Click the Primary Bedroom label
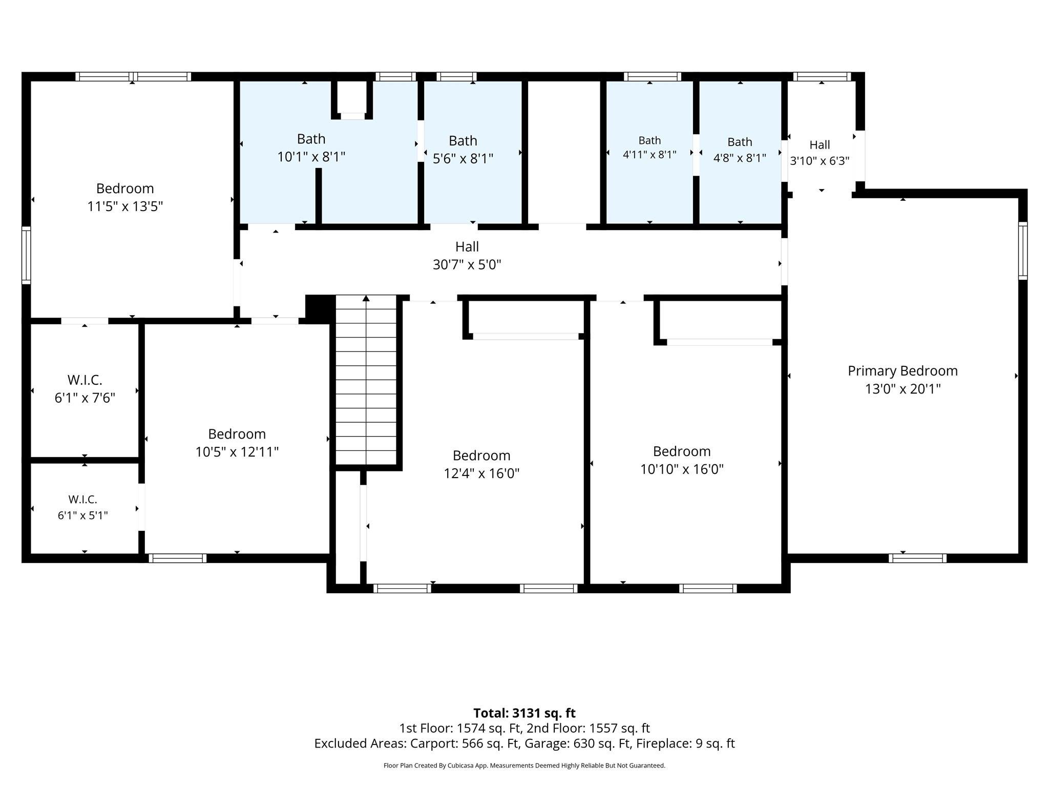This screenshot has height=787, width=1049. click(x=903, y=371)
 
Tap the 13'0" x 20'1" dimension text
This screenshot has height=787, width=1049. click(x=903, y=389)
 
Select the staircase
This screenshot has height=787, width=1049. click(x=366, y=380)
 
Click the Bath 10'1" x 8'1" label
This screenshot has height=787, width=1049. click(x=311, y=148)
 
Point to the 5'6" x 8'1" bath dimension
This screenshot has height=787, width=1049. click(x=463, y=158)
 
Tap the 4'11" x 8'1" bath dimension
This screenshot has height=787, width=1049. click(x=649, y=154)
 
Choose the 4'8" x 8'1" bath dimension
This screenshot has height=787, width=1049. click(x=740, y=157)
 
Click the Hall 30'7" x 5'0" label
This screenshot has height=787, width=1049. click(x=467, y=256)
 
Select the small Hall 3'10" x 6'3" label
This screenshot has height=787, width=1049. click(x=820, y=153)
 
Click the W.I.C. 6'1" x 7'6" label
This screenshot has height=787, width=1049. click(x=85, y=389)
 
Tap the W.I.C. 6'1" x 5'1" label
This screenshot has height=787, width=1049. click(x=83, y=507)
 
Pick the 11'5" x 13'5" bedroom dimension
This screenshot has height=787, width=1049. click(x=125, y=206)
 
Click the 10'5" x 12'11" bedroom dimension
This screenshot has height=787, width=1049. click(x=237, y=452)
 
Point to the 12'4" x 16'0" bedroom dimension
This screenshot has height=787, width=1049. click(x=481, y=473)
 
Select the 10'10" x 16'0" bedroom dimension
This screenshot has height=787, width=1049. click(x=682, y=469)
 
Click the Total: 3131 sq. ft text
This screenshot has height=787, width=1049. click(x=524, y=713)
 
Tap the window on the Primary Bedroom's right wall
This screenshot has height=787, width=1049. click(x=1023, y=251)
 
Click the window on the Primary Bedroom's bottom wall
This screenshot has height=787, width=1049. click(x=917, y=558)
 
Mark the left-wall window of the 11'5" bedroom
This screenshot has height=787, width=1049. click(x=26, y=255)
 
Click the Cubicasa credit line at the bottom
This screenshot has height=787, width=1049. click(x=524, y=765)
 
